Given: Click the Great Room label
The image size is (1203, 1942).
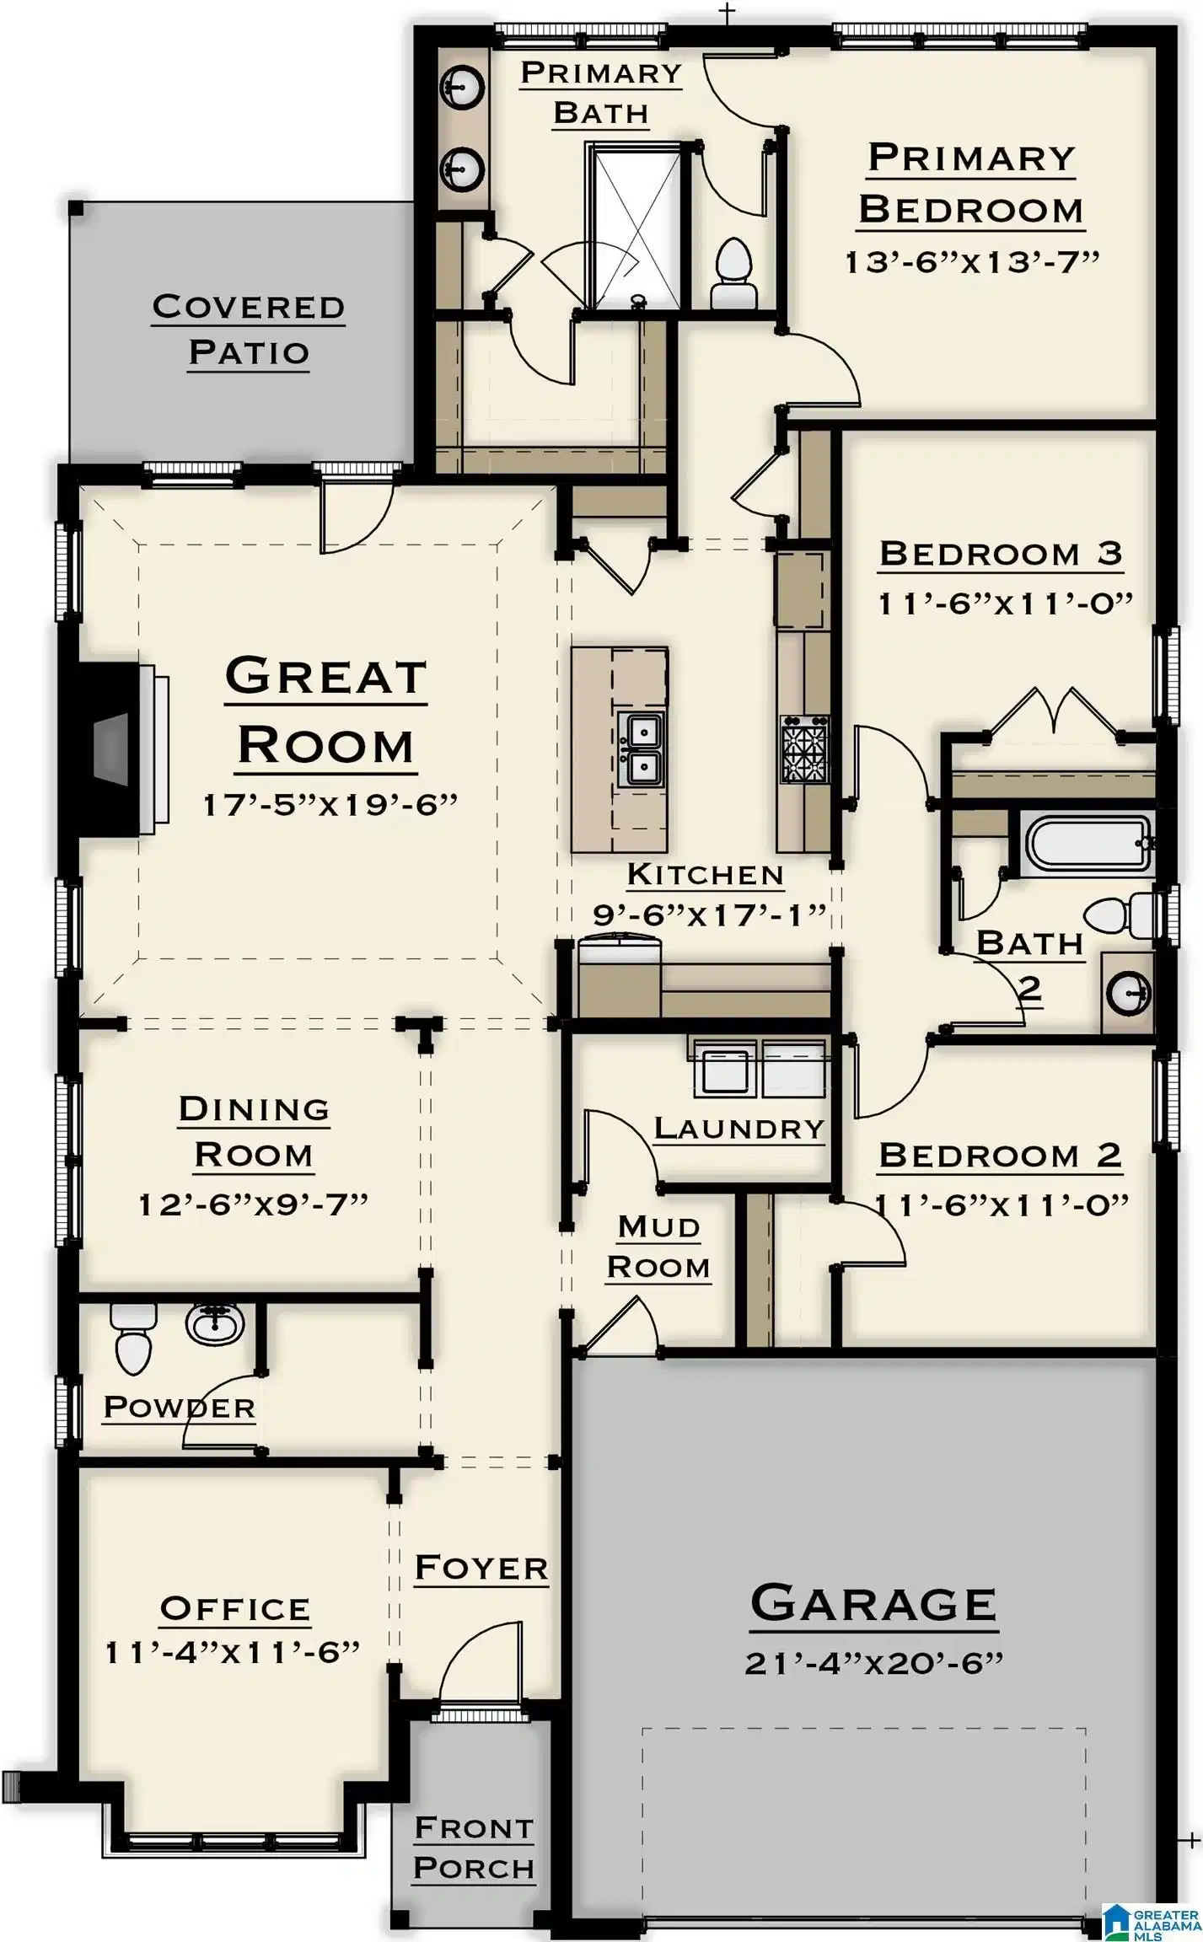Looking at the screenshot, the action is point(325,713).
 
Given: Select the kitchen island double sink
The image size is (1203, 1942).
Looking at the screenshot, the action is point(641,749).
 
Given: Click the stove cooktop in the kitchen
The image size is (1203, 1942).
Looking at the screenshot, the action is point(805,749).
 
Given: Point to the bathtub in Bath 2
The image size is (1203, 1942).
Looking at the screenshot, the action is point(1086,844).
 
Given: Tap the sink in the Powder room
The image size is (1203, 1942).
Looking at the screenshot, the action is point(214,1324).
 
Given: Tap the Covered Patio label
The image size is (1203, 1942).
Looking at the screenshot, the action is point(249,330).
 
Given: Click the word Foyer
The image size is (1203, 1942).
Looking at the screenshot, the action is point(481,1568).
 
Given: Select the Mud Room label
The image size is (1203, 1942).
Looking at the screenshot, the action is point(658,1247).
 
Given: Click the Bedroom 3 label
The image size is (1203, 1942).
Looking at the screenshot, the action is point(1001,554).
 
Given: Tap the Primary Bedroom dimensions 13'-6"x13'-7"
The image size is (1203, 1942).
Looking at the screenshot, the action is point(972,262).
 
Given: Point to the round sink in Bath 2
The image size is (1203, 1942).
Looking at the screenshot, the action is point(1128,994).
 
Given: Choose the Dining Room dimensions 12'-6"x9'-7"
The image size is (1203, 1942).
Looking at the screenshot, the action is point(254,1204).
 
